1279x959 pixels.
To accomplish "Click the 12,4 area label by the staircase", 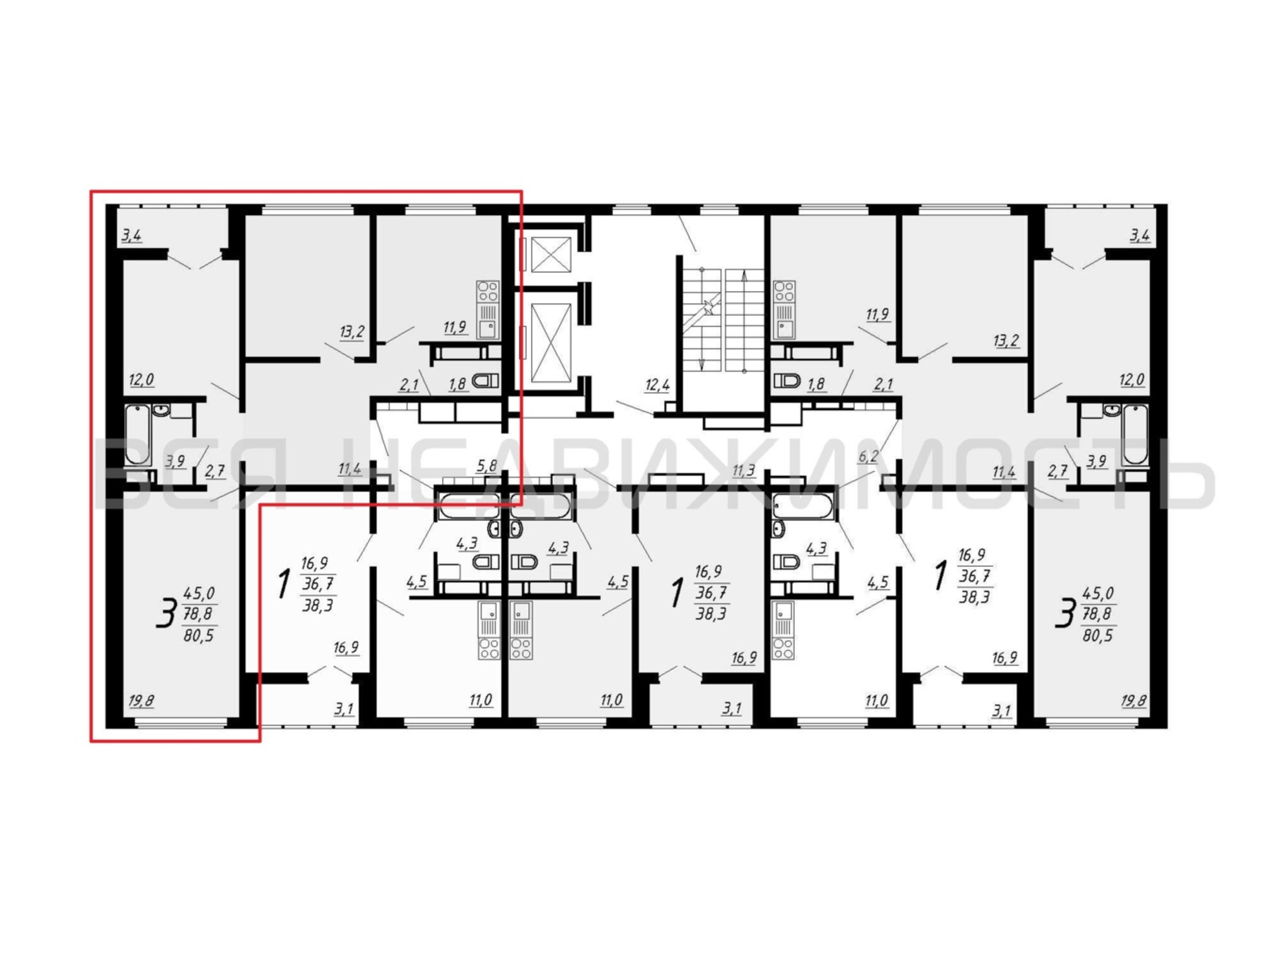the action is [x=657, y=385].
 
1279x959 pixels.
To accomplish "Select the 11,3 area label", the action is [x=744, y=470].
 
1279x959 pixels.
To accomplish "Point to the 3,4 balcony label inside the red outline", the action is [x=132, y=236].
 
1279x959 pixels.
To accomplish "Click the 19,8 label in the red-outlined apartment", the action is [x=142, y=701].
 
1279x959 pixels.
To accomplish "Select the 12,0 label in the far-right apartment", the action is [x=1132, y=380].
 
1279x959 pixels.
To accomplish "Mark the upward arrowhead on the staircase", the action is [x=744, y=276].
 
